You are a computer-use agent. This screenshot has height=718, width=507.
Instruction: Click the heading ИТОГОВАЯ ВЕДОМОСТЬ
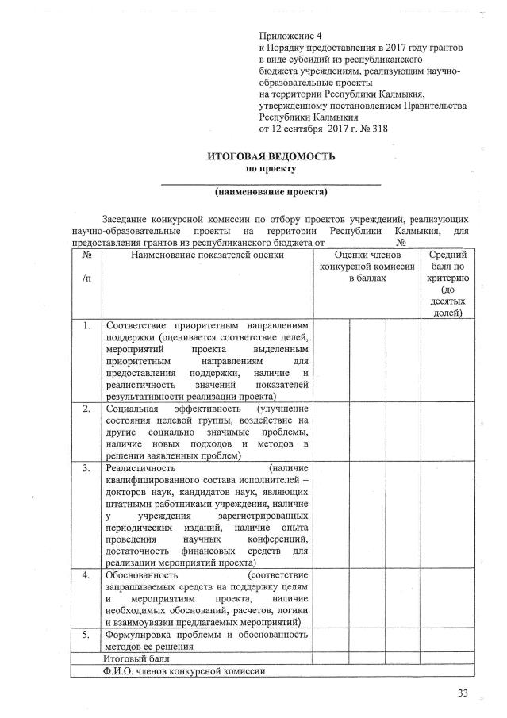tap(272, 156)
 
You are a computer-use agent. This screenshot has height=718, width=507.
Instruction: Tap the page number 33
tap(463, 694)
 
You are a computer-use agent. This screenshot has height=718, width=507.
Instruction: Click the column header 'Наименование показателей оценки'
tap(207, 255)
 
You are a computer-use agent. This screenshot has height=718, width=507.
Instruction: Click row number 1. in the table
tap(85, 325)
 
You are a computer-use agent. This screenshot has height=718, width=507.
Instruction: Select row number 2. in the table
tap(85, 408)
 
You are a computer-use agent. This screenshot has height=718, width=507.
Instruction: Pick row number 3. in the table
tap(85, 468)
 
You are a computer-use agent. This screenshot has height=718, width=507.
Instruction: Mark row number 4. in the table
tap(85, 574)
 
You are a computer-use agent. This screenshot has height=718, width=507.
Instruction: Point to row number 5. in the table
tap(85, 635)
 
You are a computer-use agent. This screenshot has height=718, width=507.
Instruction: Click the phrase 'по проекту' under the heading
tap(271, 169)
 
